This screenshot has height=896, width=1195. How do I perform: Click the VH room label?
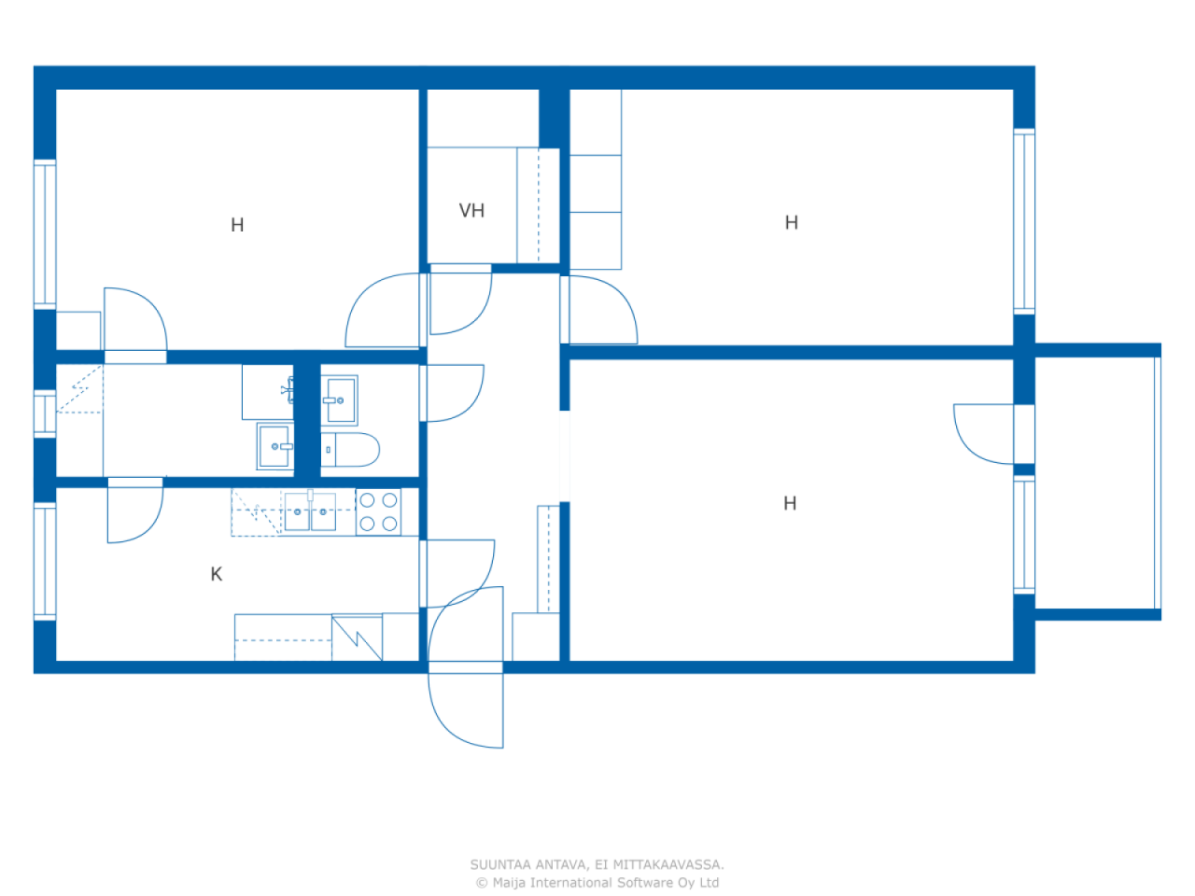[471, 211]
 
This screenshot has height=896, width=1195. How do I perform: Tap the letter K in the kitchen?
[217, 574]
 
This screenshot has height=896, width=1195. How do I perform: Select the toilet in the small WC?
[350, 450]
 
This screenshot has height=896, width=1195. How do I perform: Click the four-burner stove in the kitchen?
[378, 511]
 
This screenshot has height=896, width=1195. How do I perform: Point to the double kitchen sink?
[310, 511]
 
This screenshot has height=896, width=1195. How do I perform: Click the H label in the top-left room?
[237, 225]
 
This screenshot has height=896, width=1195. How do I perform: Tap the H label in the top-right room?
[792, 222]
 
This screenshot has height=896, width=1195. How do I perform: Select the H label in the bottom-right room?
[790, 503]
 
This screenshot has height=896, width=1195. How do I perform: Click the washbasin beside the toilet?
[339, 400]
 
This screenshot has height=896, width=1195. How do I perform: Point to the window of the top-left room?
[45, 234]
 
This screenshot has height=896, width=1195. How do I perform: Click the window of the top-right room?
[1024, 221]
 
